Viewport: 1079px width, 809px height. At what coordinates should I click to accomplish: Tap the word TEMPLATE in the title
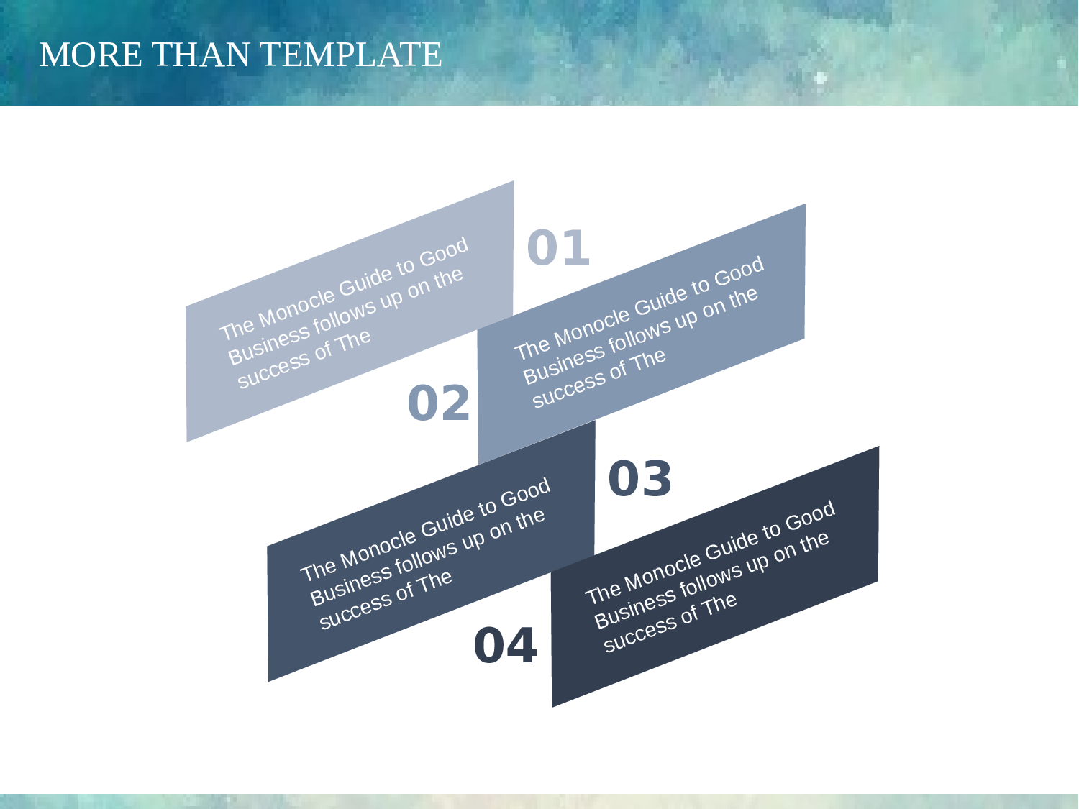coord(350,55)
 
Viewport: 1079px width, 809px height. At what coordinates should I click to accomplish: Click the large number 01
coord(558,247)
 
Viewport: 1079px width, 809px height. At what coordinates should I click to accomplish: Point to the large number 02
coord(439,403)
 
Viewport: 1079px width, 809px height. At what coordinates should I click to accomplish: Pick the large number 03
coord(639,478)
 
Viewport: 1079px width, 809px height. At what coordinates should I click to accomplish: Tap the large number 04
coord(506,646)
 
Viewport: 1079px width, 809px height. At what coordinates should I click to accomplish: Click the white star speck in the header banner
coord(821,78)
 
